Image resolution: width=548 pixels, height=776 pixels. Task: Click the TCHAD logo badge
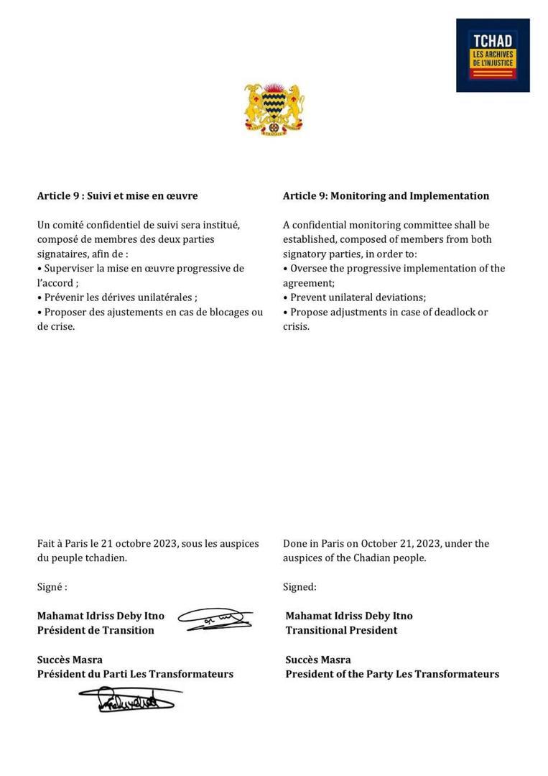[x=493, y=55]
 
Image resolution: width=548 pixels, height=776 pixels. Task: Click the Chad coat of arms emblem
[x=274, y=109]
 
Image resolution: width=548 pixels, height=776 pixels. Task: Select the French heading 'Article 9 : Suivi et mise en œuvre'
[x=117, y=196]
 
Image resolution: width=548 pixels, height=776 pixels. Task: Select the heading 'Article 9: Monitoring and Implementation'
[x=386, y=196]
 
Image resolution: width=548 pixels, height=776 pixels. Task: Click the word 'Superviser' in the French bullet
[x=69, y=269]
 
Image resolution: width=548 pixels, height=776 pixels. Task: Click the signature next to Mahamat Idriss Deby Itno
[x=215, y=619]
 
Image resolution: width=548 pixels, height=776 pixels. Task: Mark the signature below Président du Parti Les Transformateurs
[x=129, y=699]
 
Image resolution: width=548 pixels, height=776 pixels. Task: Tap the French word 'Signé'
[x=50, y=587]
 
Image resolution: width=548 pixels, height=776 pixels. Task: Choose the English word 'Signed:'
[x=299, y=587]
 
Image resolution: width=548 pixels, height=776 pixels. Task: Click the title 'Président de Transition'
[x=96, y=631]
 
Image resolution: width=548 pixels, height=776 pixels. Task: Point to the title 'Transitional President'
[x=341, y=631]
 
